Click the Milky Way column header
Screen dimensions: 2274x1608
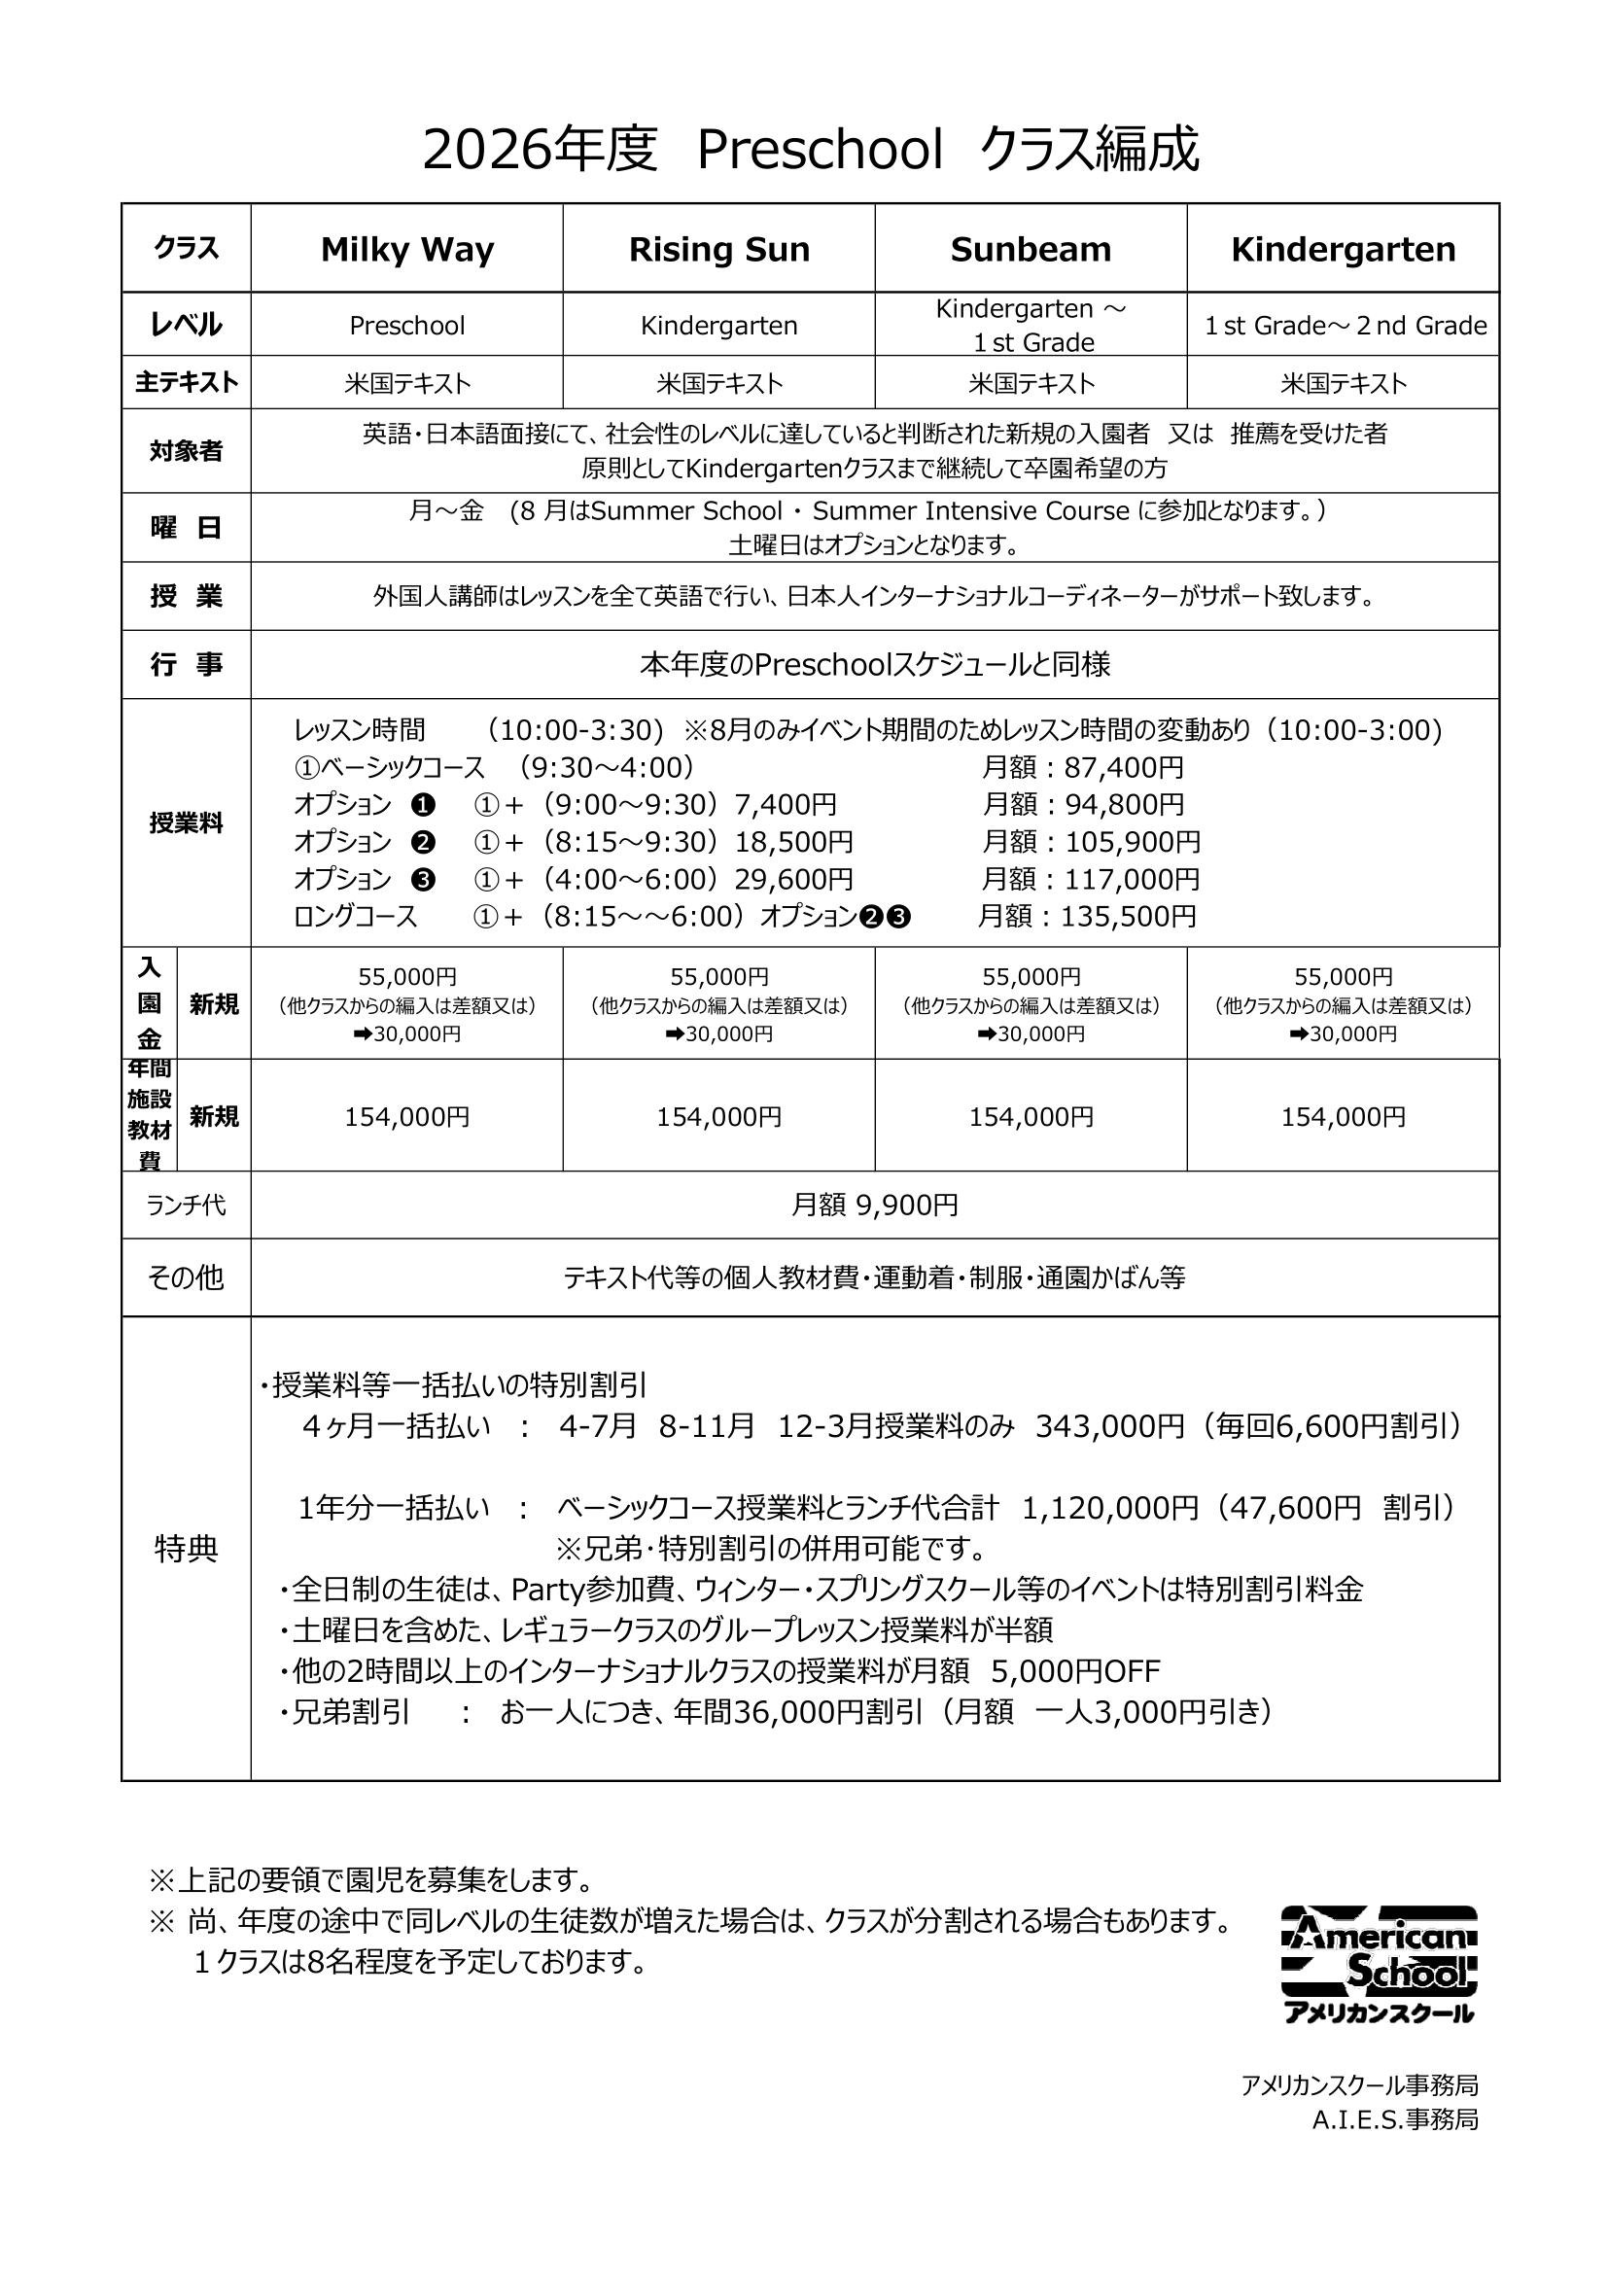pos(407,250)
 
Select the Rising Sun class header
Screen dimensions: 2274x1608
pos(718,250)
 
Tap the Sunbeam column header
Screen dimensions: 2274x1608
pos(1031,250)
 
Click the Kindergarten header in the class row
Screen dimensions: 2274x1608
pos(1343,250)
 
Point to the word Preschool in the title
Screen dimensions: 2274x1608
pos(820,152)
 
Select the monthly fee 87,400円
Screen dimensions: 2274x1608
pos(1123,768)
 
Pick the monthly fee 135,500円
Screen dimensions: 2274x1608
pos(1128,916)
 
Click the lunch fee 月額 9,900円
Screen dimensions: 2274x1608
pos(874,1206)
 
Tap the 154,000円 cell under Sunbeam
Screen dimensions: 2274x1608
pos(1031,1117)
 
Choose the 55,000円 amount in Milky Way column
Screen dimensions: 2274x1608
pos(407,977)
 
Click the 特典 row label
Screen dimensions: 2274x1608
pos(186,1549)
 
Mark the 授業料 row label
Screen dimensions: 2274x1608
pos(186,823)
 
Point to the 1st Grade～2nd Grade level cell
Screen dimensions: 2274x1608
pos(1345,326)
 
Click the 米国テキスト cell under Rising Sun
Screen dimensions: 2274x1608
pos(718,383)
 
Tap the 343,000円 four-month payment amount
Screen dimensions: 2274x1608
pos(1109,1426)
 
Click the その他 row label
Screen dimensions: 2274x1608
pos(186,1277)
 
